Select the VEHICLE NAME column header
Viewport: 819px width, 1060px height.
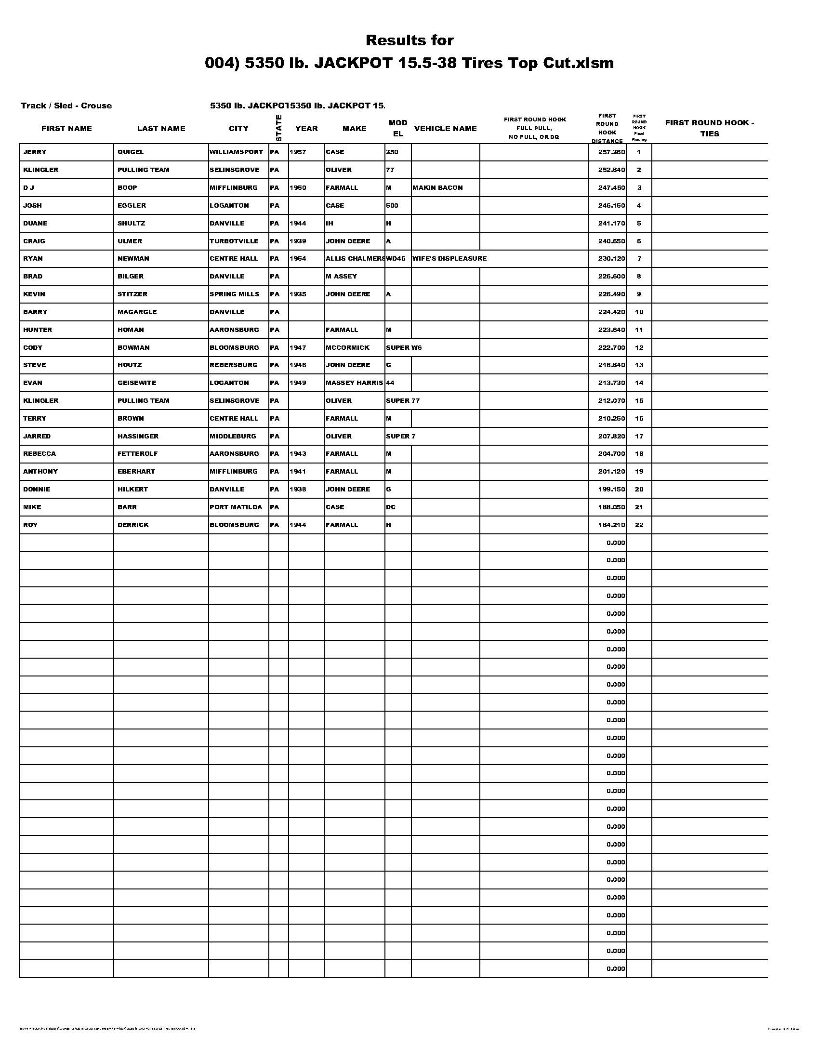click(x=445, y=129)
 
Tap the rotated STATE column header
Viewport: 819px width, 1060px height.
click(x=278, y=128)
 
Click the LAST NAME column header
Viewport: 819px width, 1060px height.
click(x=161, y=129)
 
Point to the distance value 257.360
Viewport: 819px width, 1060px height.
click(x=611, y=152)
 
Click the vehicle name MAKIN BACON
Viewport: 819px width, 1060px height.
click(x=437, y=188)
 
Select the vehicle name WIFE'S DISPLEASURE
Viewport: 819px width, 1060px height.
click(x=449, y=259)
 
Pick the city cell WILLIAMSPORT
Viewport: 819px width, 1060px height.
click(x=236, y=152)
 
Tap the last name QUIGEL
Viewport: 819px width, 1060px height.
click(x=131, y=152)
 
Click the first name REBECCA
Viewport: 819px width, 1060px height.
click(x=40, y=454)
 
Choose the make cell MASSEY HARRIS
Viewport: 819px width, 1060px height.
click(x=354, y=383)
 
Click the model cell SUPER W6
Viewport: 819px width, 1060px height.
click(x=404, y=347)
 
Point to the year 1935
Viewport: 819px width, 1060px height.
click(x=298, y=294)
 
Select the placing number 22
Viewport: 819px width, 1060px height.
click(x=639, y=525)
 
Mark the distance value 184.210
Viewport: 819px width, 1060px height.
click(x=611, y=525)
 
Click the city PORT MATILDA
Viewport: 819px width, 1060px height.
click(x=236, y=507)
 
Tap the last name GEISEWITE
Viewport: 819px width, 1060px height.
click(x=137, y=383)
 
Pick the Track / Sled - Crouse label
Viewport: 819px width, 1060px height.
click(x=66, y=106)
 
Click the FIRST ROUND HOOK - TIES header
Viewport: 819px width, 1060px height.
click(x=709, y=128)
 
